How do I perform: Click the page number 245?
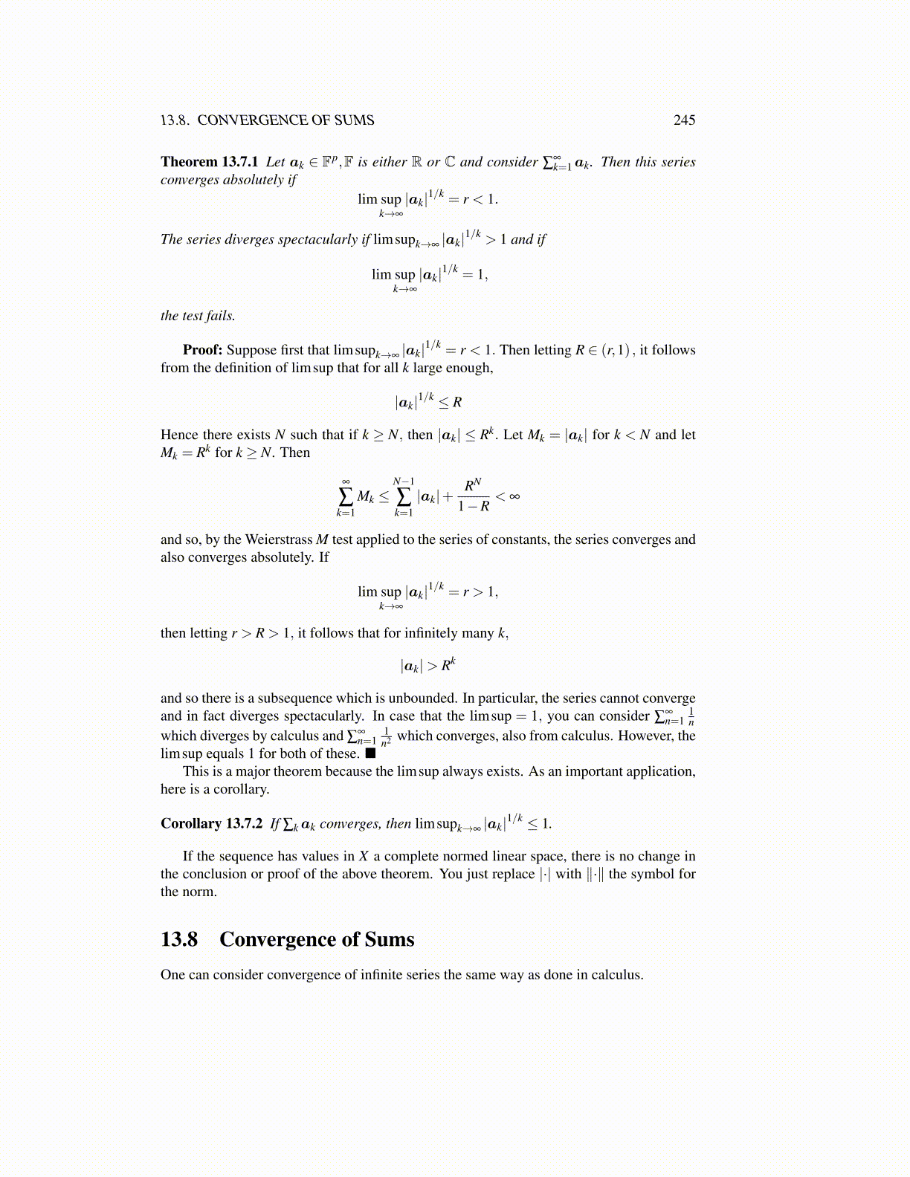tap(684, 120)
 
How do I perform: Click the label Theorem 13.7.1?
tap(209, 162)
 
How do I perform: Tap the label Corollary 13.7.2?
tap(211, 823)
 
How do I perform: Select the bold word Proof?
tap(202, 350)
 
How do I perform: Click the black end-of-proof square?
tap(370, 753)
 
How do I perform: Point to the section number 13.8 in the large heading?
tap(179, 939)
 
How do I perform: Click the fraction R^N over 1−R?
tap(473, 496)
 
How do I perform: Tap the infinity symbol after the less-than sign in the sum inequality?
tap(514, 496)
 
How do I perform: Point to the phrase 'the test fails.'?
tap(198, 316)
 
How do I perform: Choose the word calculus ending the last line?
tap(616, 975)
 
